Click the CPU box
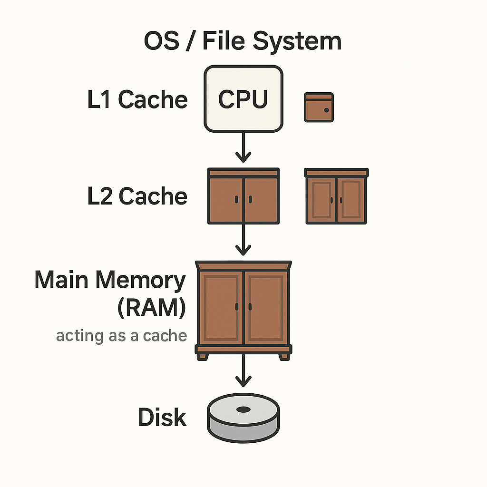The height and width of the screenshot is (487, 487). coord(243,98)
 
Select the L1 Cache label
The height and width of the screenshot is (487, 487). coord(137,100)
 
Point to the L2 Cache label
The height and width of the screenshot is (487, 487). coord(137,196)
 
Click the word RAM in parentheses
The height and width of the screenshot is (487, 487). coord(152,308)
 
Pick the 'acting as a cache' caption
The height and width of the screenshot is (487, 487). coord(121,336)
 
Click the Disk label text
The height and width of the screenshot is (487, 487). coord(162,418)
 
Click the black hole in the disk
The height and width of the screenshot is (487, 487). coord(243,409)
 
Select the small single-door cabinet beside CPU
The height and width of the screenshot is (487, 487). coord(319,107)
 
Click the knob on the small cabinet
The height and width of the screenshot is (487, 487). coord(327,110)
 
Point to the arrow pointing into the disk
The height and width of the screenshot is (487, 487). coord(243,371)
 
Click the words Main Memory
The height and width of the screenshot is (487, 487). coord(110,280)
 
